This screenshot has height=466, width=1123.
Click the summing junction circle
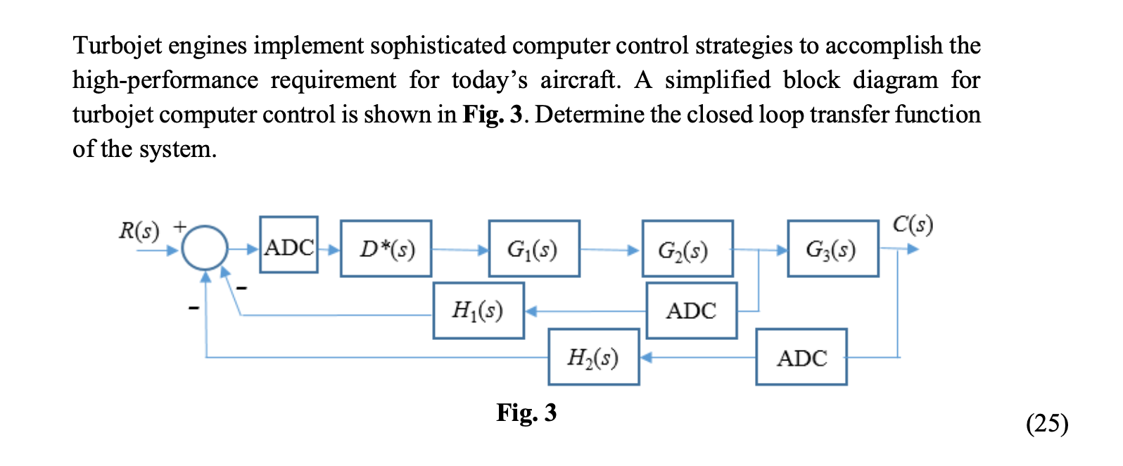click(205, 248)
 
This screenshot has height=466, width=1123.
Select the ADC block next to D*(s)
click(288, 245)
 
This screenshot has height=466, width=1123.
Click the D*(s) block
click(386, 248)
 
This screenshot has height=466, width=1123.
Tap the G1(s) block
click(534, 248)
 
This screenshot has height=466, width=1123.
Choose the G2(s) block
click(687, 248)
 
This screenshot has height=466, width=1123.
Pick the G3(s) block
click(833, 248)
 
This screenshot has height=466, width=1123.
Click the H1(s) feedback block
click(478, 310)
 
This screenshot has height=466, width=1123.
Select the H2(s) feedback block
click(594, 357)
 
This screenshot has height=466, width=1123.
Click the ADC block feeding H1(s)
click(692, 310)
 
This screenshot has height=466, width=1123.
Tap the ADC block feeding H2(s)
click(801, 357)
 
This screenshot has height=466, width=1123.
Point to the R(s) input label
click(139, 230)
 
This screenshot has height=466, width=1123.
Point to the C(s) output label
click(913, 225)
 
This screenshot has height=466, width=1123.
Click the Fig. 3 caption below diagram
click(526, 413)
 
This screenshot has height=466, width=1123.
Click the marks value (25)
click(1047, 423)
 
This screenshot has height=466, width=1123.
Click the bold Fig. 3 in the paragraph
click(492, 115)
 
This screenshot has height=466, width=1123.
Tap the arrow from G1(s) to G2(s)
click(610, 249)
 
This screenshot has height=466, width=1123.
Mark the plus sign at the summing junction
click(180, 226)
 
